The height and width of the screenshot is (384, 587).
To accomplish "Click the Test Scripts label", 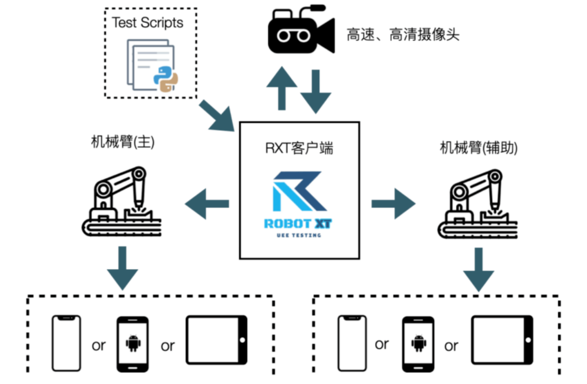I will (147, 23).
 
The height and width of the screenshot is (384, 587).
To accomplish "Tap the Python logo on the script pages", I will (166, 78).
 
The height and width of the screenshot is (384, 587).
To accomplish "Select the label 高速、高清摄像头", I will (402, 36).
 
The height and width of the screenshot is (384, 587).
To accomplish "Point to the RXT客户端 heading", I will (299, 148).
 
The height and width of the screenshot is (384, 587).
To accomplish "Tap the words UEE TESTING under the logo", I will (298, 235).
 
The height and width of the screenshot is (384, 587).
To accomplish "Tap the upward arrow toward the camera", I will (281, 88).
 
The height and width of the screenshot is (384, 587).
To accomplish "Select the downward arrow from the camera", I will (316, 91).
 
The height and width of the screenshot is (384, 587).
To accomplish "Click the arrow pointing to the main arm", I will (207, 203).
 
